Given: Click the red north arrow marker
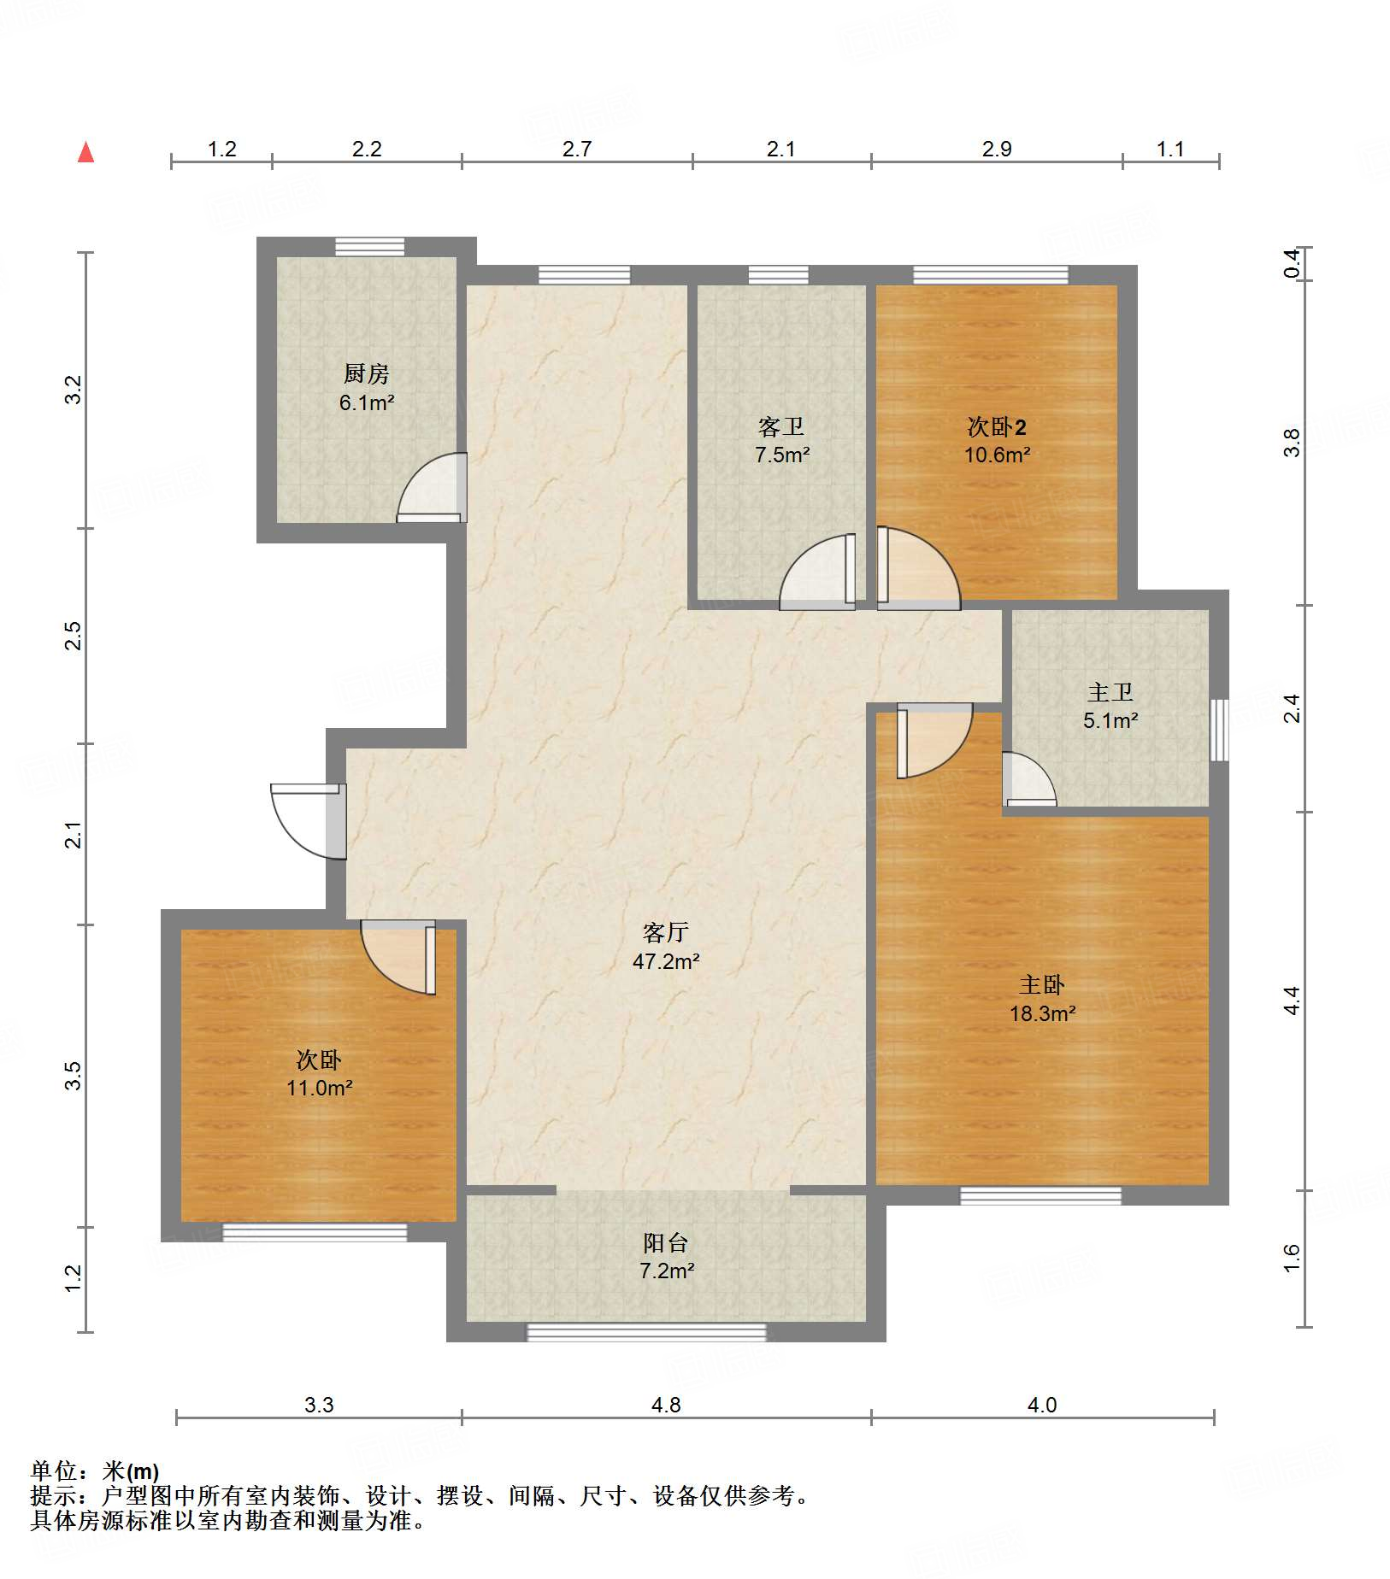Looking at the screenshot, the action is [85, 152].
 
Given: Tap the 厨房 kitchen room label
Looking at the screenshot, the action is [367, 373].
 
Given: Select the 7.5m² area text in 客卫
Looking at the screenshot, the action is [782, 455].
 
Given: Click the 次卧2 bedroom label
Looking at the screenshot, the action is [997, 426].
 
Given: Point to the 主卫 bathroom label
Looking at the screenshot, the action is [1110, 692].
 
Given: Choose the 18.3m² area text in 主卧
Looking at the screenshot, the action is [1042, 1013].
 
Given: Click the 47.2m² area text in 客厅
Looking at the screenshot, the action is [666, 961].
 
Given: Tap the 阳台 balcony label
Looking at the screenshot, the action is [666, 1242].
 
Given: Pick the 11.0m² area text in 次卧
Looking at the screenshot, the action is [320, 1088].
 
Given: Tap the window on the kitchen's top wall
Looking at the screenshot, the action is [369, 246].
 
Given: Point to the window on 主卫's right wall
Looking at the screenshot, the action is [1220, 730].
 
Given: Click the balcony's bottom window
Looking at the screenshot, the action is [646, 1332].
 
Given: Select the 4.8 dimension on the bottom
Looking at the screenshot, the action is [666, 1405].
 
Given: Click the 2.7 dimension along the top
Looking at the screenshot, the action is [577, 149].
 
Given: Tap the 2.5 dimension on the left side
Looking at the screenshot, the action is [74, 636].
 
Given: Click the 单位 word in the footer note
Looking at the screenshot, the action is [54, 1470].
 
